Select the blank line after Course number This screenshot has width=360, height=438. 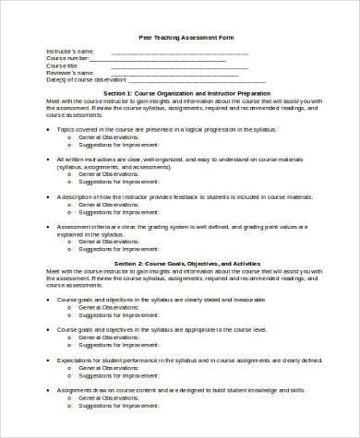[x=166, y=61]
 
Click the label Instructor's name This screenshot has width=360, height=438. [x=67, y=53]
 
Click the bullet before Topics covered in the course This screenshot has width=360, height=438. [x=50, y=132]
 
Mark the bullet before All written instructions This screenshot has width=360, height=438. [x=50, y=159]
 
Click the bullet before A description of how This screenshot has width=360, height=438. [x=50, y=197]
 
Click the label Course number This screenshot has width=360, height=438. [x=66, y=60]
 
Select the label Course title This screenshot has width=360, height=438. [x=62, y=66]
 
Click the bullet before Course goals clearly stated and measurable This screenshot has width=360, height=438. [x=50, y=301]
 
